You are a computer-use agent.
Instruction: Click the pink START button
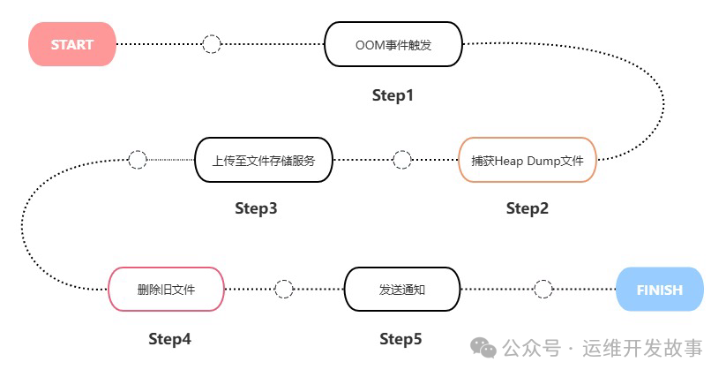pos(72,44)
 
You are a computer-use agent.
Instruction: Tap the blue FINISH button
pos(659,290)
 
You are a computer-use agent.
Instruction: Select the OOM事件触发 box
pos(393,44)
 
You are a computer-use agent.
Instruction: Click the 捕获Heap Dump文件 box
pos(528,160)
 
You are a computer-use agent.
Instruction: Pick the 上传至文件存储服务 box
pos(263,160)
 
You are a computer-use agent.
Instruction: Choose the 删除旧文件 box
pos(166,290)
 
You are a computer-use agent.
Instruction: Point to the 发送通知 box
pos(401,290)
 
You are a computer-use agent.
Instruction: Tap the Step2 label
pos(528,208)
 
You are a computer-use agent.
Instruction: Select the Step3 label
pos(256,208)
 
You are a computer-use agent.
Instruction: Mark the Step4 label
pos(169,339)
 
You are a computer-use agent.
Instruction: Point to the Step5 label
pos(400,339)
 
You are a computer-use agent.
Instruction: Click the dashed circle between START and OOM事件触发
pos(212,44)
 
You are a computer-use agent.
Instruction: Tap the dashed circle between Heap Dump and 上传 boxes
pos(401,160)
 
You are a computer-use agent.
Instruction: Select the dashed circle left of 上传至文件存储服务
pos(138,160)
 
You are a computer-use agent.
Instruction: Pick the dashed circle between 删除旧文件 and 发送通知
pos(284,290)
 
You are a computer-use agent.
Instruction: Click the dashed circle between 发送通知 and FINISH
pos(544,290)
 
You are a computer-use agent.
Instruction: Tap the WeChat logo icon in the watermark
pos(483,348)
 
